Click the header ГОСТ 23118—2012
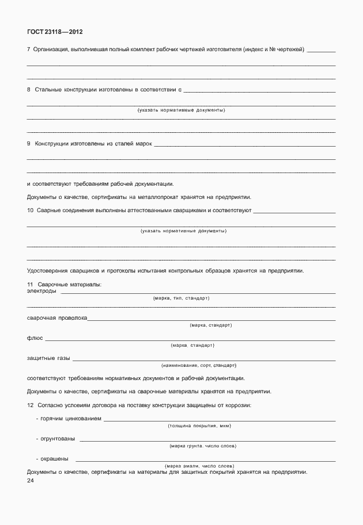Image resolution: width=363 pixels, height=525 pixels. [x=51, y=32]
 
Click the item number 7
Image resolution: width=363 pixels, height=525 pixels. [x=29, y=50]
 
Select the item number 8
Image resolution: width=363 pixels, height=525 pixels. [x=29, y=90]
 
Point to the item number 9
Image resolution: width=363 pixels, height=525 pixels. [x=29, y=143]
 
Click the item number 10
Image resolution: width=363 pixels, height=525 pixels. [x=31, y=210]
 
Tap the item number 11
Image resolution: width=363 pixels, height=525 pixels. [x=31, y=285]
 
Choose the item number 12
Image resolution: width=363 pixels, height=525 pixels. [x=31, y=405]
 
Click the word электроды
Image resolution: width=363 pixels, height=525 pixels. [x=41, y=291]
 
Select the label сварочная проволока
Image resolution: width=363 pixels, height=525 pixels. [x=57, y=318]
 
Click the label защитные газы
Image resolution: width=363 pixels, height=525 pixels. [x=48, y=358]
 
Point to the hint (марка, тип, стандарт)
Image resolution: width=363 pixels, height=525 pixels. [x=181, y=298]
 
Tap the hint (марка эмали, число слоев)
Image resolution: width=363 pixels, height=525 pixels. [x=199, y=466]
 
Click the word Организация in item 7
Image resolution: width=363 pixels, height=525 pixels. [x=51, y=50]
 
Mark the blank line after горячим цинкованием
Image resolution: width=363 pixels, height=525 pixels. [x=219, y=420]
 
